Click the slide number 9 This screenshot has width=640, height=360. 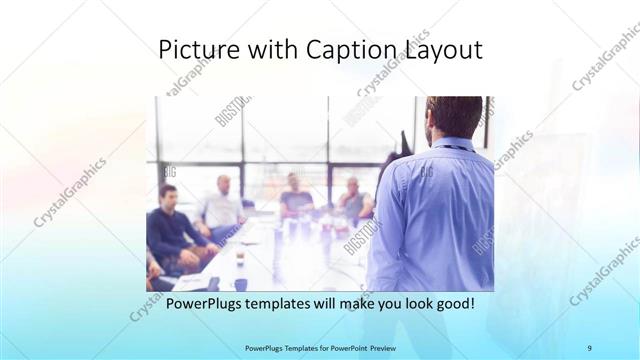pos(590,348)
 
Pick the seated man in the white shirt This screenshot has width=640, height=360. pos(221,207)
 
